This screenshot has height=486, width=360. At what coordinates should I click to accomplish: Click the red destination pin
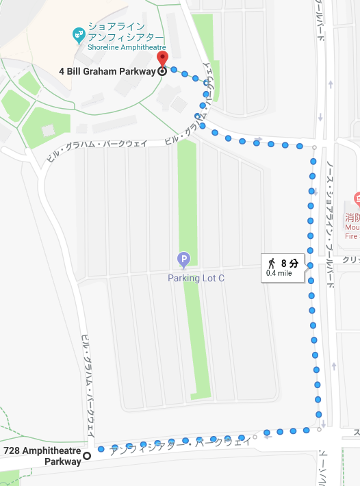click(x=162, y=58)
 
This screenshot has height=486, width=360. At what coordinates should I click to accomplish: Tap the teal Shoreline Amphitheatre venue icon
click(x=79, y=32)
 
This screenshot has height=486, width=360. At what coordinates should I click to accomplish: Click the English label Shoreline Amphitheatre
click(x=127, y=48)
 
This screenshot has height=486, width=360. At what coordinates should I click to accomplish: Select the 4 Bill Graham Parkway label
click(x=107, y=71)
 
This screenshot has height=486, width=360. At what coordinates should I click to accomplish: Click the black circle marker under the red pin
click(x=162, y=71)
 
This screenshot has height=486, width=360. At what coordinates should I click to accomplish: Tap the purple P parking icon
click(x=183, y=259)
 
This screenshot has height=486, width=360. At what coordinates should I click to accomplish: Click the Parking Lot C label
click(x=196, y=278)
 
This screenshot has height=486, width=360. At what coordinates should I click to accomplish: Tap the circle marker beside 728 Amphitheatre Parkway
click(x=87, y=456)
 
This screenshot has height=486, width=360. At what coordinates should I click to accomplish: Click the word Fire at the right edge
click(x=352, y=236)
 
